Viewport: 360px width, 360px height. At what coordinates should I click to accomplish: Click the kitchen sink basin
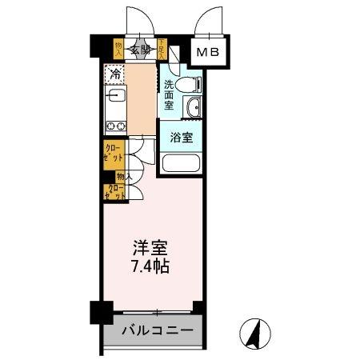114,99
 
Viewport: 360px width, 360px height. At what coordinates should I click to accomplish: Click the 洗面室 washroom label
170,94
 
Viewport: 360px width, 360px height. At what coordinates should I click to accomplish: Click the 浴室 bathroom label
181,137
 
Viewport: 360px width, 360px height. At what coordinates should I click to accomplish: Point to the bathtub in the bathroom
182,165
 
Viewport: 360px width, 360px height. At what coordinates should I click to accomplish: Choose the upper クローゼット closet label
113,153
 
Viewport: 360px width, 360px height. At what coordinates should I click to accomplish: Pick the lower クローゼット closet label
113,192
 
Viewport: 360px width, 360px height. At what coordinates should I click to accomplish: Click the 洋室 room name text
145,248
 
